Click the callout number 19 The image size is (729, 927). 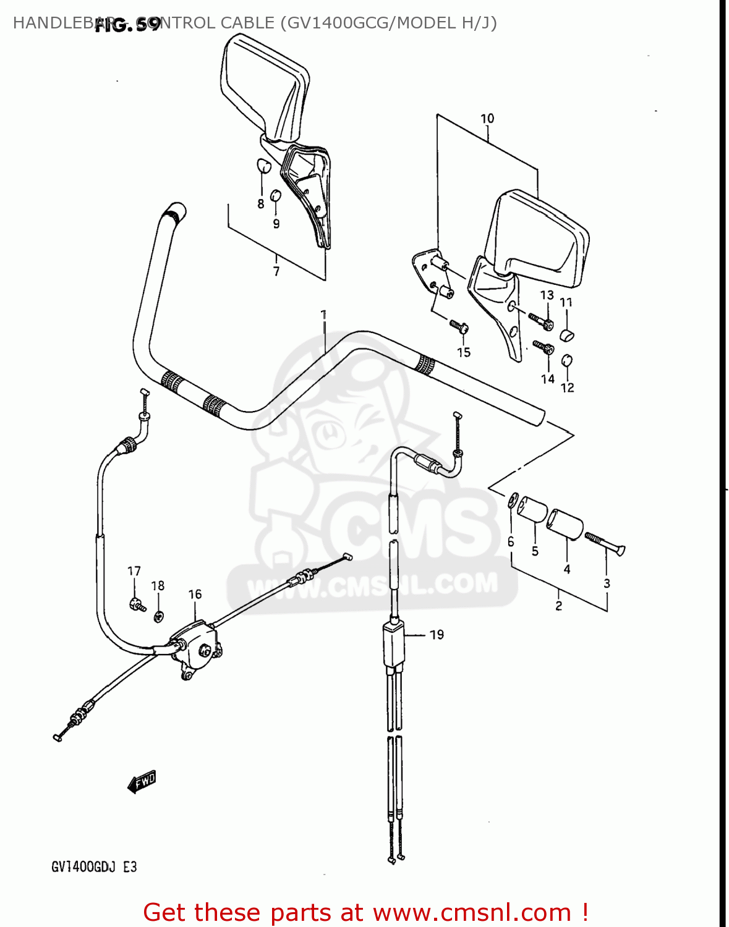(437, 635)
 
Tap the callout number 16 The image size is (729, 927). (195, 595)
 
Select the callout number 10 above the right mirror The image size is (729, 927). (487, 119)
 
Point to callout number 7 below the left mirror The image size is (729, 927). (276, 271)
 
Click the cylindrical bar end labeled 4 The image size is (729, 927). (565, 524)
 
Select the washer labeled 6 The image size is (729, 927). (512, 500)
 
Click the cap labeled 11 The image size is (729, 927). (567, 336)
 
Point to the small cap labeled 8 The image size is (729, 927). (263, 166)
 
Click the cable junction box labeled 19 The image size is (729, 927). (393, 643)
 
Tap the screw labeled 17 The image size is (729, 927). (137, 604)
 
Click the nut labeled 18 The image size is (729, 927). (158, 616)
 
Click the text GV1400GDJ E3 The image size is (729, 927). (94, 867)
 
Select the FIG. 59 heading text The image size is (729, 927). (127, 25)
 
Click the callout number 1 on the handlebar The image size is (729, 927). (323, 315)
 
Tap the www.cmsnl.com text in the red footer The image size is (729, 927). (472, 912)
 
